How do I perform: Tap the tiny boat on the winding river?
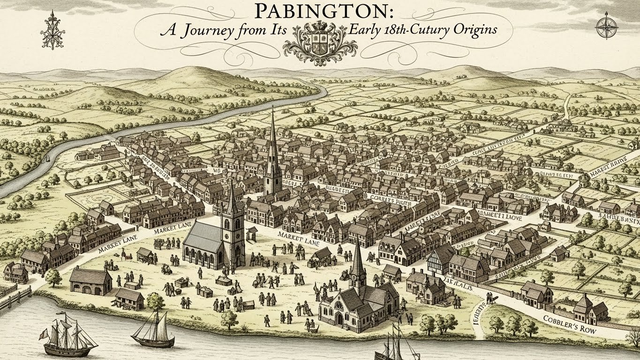point(48,159)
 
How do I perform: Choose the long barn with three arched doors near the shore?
point(90,281)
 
